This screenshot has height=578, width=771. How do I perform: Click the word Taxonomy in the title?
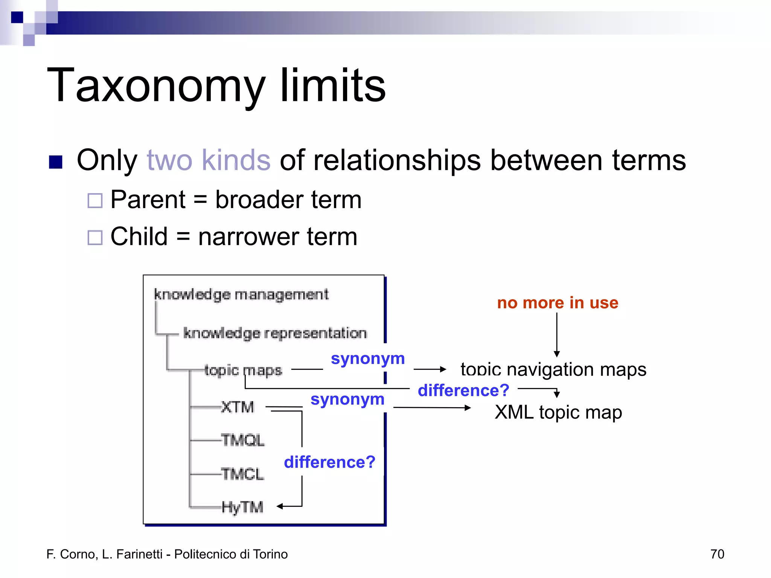tap(156, 86)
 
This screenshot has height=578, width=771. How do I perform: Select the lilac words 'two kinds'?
tap(208, 160)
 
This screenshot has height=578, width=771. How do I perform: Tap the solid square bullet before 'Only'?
tap(56, 162)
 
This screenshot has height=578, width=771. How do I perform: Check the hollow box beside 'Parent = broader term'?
tap(95, 201)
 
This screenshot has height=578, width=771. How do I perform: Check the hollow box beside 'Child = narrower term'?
tap(95, 237)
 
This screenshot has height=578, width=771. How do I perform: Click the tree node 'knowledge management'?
tap(241, 295)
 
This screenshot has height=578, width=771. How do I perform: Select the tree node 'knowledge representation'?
tap(275, 333)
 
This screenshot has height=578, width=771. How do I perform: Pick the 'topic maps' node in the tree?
tap(243, 370)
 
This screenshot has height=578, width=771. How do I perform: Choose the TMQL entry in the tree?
tap(243, 440)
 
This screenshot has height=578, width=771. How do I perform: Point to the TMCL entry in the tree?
tap(243, 474)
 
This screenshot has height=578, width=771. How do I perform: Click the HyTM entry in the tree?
tap(242, 507)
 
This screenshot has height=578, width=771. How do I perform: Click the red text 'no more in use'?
tap(558, 303)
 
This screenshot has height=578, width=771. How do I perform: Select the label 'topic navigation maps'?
tap(553, 370)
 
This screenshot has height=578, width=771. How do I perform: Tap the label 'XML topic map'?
tap(558, 412)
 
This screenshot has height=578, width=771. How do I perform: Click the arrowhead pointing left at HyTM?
tap(280, 507)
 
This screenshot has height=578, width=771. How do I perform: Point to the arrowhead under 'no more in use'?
tap(557, 354)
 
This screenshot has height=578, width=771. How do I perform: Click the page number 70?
tap(717, 554)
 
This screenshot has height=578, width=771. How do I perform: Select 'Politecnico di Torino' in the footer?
tap(231, 554)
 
